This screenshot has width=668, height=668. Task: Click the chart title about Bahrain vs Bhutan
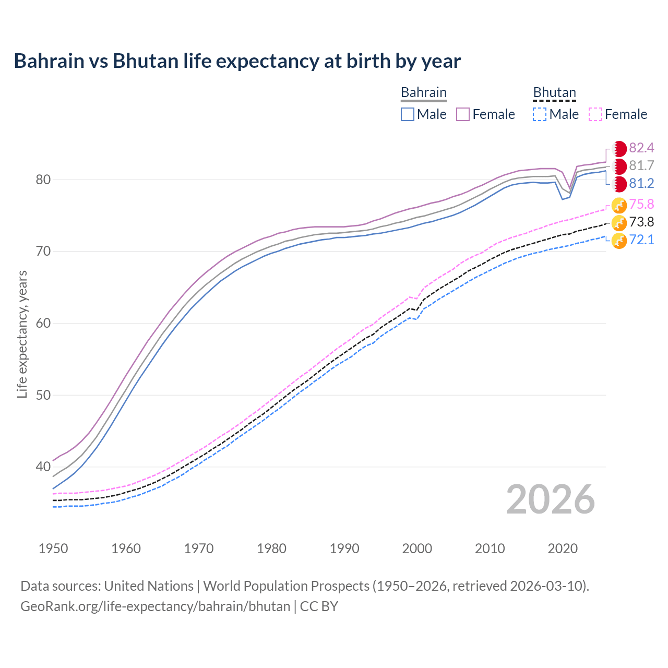(x=237, y=61)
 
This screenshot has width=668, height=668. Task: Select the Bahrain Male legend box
(x=408, y=114)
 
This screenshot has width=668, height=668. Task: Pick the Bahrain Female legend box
(x=463, y=114)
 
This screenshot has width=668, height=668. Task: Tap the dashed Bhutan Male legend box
(x=540, y=114)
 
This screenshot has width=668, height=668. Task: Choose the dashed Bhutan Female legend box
(x=595, y=114)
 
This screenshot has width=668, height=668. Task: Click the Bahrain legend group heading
(x=423, y=92)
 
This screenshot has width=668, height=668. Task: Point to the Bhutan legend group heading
(x=554, y=92)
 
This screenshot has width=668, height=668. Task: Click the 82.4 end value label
(x=641, y=148)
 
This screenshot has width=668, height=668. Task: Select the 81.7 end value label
(x=641, y=165)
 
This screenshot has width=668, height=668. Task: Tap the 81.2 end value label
(x=641, y=183)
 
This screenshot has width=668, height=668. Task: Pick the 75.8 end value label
(x=641, y=204)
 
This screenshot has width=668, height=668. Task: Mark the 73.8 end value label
(x=641, y=222)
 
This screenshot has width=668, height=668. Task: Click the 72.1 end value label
(x=641, y=240)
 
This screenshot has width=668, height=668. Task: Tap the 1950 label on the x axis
(x=53, y=548)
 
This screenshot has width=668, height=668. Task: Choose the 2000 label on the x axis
(x=417, y=548)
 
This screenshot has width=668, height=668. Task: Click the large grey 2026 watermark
(x=550, y=499)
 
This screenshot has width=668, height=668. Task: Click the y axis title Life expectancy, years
(x=22, y=334)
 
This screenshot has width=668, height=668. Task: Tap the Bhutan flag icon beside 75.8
(x=619, y=205)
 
